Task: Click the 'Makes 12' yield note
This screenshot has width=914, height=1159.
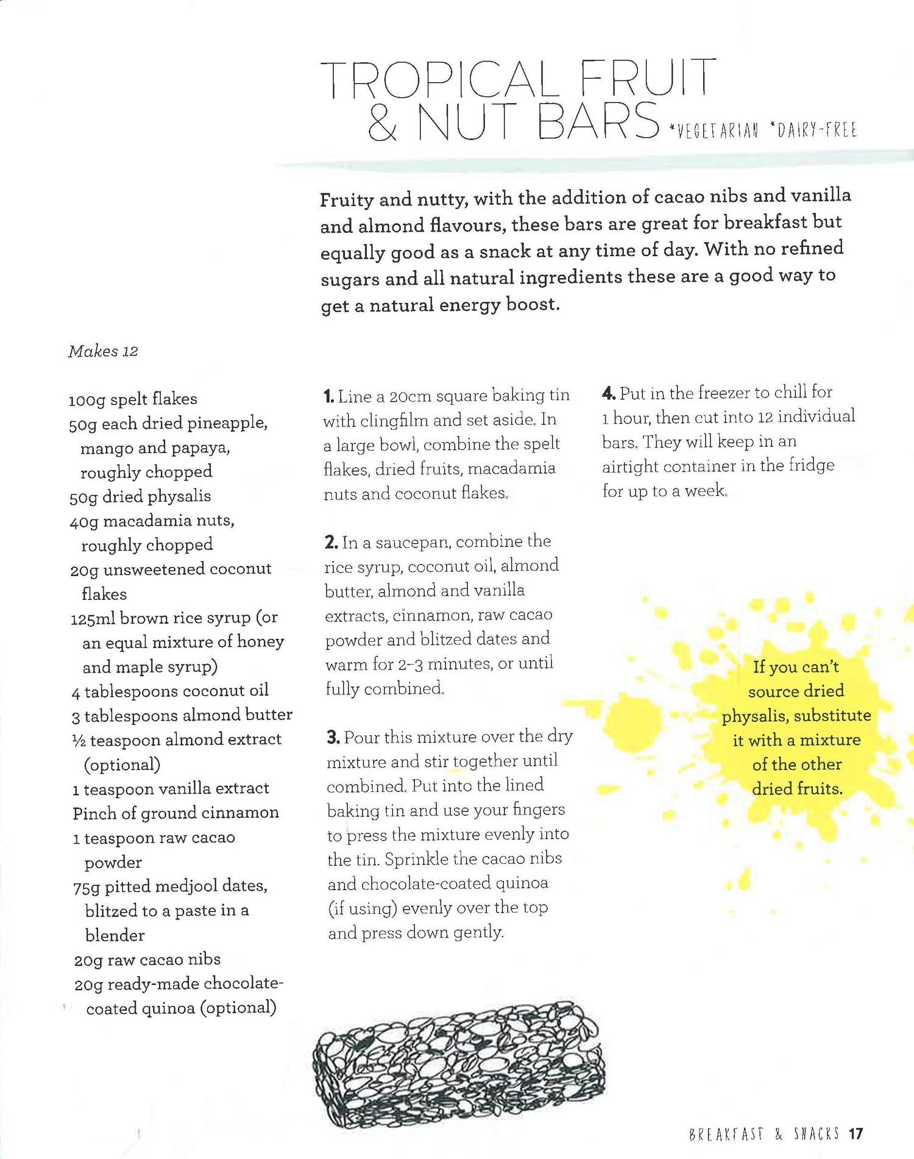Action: (103, 351)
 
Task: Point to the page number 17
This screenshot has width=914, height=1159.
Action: (856, 1134)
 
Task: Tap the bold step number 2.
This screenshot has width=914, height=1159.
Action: (331, 542)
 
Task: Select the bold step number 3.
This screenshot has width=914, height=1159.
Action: (333, 738)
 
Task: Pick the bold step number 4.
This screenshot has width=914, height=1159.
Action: (608, 393)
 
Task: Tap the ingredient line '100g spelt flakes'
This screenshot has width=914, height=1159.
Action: (133, 399)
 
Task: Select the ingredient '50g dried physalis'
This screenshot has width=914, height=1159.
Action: (140, 496)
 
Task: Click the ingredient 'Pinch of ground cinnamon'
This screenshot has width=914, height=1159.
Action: (175, 813)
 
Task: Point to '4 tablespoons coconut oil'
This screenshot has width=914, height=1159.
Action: (170, 691)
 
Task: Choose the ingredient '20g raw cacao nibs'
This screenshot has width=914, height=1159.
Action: (147, 960)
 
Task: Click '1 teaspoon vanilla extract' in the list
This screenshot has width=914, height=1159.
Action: (171, 788)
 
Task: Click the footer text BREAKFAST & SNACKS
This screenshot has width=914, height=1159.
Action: (763, 1134)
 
